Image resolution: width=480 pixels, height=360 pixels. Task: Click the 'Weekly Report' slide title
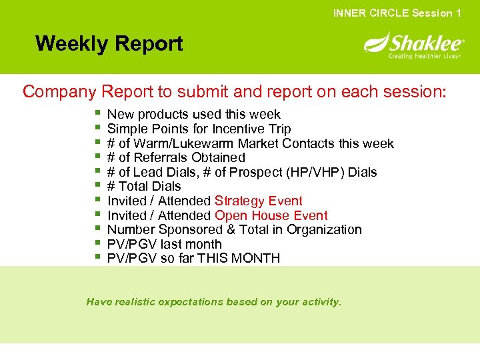(109, 44)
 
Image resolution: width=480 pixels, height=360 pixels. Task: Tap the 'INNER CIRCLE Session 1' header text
(397, 13)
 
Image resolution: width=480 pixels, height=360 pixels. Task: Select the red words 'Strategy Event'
(258, 201)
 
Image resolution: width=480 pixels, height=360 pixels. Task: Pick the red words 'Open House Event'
(271, 215)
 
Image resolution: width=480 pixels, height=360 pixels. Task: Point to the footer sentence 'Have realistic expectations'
(213, 302)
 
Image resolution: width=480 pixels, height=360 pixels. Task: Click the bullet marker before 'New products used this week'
(97, 114)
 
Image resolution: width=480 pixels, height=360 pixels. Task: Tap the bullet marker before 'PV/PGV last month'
(97, 244)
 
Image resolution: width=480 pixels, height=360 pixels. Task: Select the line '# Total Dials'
(143, 186)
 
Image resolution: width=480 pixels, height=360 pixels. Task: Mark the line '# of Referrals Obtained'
(176, 157)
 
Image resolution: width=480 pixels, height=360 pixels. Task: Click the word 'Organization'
(325, 229)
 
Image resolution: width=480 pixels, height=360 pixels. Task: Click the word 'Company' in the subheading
(60, 91)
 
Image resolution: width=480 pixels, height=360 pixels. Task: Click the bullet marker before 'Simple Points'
(97, 129)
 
